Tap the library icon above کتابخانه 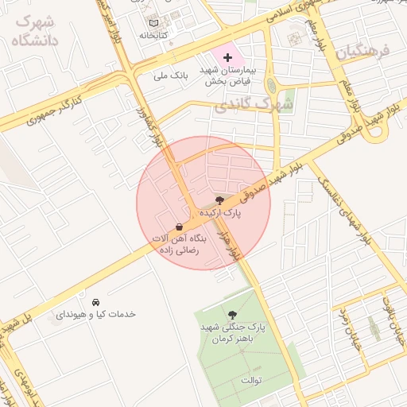pos(153,22)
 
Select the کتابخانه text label pos(153,35)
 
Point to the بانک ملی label pos(172,77)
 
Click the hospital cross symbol pos(228,57)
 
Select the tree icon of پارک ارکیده pos(219,200)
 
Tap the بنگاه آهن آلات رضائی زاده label pos(179,243)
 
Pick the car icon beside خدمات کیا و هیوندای pos(95,302)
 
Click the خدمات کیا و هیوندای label pos(95,314)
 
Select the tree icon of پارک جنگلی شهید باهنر pos(232,315)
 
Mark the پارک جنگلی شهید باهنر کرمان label pos(232,333)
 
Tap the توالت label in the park pos(252,381)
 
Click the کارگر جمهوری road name pos(56,111)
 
